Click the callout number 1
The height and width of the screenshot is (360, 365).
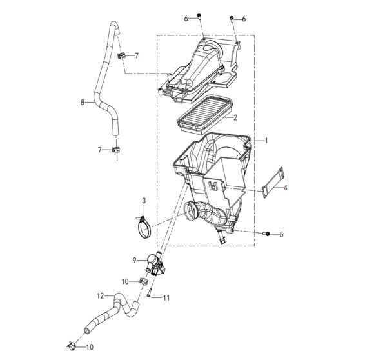266,141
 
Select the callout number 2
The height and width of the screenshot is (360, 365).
235,117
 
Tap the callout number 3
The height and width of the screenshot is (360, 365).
144,201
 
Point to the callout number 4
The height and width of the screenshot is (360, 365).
285,188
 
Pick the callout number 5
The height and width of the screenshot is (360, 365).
281,234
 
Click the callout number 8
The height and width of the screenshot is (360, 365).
83,102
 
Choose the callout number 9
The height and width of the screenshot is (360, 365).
134,261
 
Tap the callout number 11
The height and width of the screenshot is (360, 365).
166,297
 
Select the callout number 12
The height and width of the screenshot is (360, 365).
101,296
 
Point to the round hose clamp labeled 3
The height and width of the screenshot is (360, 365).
144,226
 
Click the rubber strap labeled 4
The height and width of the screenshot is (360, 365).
273,183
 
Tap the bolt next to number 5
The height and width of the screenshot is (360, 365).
266,234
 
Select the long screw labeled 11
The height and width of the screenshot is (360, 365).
149,292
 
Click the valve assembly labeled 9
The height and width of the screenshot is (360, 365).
155,264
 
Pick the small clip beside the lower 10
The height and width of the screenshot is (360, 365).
71,346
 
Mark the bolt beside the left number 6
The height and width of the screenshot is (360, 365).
199,17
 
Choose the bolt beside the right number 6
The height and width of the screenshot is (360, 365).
232,19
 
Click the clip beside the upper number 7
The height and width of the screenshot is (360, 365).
121,56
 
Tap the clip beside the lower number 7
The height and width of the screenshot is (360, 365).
115,150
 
